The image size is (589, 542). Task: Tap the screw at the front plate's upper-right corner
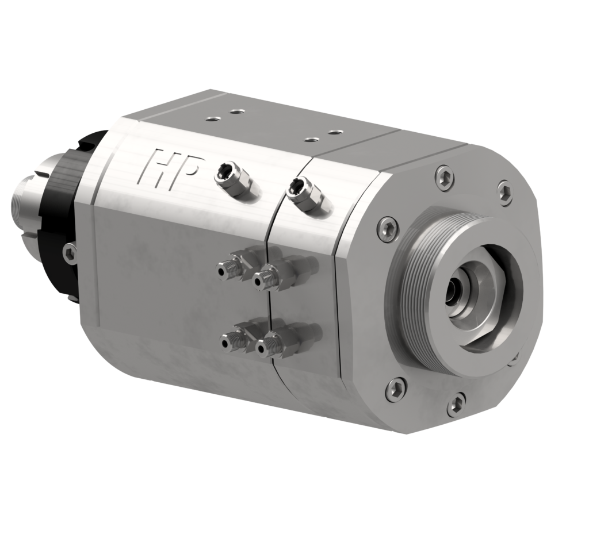click(504, 193)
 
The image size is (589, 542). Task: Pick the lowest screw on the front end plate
click(456, 405)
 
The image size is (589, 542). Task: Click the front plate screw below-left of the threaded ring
click(396, 389)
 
